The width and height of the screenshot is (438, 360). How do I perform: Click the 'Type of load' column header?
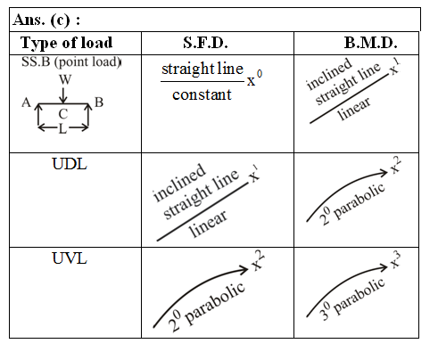66,43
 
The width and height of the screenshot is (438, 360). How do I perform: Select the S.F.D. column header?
205,43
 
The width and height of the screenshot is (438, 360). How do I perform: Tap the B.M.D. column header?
370,43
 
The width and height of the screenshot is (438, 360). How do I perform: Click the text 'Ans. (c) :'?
46,20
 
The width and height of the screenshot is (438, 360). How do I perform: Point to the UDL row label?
70,164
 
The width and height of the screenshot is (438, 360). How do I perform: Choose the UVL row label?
70,258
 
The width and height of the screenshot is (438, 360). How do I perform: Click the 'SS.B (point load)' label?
71,62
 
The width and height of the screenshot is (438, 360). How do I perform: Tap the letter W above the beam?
65,79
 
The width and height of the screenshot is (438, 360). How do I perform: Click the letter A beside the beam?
27,102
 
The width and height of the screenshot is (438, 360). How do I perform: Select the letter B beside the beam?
99,102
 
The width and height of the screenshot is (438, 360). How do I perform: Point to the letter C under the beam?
63,114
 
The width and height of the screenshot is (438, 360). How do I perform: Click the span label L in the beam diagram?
62,128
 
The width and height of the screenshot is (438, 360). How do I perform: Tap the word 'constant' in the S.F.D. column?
202,94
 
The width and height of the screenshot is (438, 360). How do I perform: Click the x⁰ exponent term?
255,78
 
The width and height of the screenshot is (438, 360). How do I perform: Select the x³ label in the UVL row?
395,259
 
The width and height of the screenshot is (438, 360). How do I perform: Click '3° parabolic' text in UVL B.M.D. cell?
353,299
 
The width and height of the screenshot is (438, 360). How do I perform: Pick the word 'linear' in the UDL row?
208,223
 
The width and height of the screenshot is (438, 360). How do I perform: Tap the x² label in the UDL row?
395,166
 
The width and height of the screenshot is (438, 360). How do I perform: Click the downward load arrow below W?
63,95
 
